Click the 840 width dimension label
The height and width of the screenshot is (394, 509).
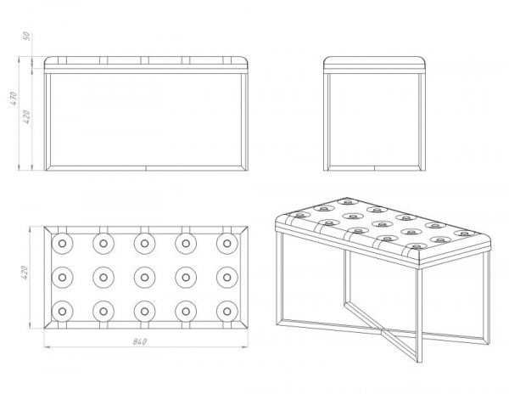[x=140, y=341]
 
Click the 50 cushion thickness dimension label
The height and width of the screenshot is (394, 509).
[x=27, y=36]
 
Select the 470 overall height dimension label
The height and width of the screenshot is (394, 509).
[x=14, y=98]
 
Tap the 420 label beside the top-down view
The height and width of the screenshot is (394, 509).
[x=25, y=273]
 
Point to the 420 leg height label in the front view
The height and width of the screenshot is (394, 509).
[x=26, y=116]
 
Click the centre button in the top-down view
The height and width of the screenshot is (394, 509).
[x=145, y=278]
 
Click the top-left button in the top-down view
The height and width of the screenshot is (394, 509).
[x=62, y=244]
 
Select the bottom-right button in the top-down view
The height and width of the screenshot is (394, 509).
[x=227, y=312]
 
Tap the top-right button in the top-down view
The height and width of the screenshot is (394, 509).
[x=227, y=244]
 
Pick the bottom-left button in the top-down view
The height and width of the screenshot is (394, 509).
[x=62, y=312]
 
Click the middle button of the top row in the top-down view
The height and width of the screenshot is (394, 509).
[x=145, y=244]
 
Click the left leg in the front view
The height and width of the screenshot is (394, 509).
[x=48, y=121]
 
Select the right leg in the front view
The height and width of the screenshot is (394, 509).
[x=245, y=121]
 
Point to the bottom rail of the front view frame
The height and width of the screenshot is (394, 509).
[x=146, y=168]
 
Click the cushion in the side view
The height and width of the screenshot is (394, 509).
[x=374, y=62]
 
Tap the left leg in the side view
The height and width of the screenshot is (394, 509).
[x=327, y=121]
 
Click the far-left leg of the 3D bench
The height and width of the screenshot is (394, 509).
[x=279, y=278]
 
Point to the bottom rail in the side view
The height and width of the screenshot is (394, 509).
[x=374, y=168]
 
